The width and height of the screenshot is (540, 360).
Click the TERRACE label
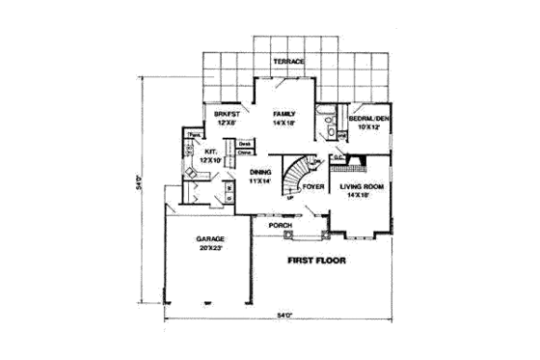pyautogui.click(x=288, y=62)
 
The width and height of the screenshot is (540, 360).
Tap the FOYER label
pyautogui.click(x=312, y=187)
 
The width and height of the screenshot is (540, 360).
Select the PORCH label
pyautogui.click(x=281, y=225)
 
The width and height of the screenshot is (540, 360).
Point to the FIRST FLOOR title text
pyautogui.click(x=316, y=261)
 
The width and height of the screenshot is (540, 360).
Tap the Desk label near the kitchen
pyautogui.click(x=245, y=144)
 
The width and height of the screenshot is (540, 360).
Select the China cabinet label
pyautogui.click(x=245, y=152)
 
